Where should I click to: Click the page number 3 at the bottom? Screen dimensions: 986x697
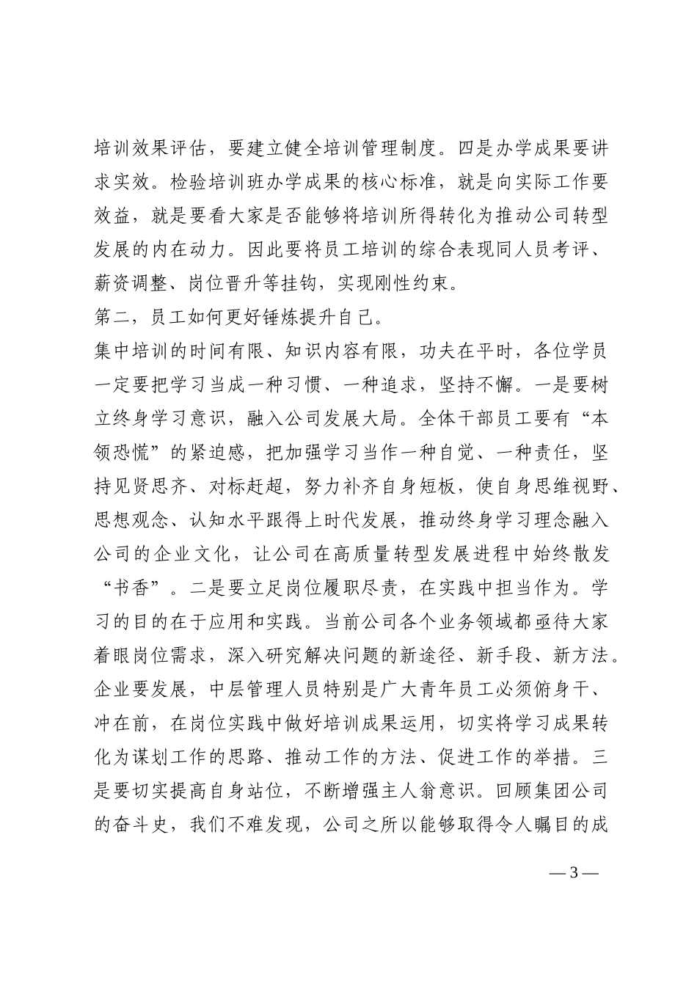pos(574,873)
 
